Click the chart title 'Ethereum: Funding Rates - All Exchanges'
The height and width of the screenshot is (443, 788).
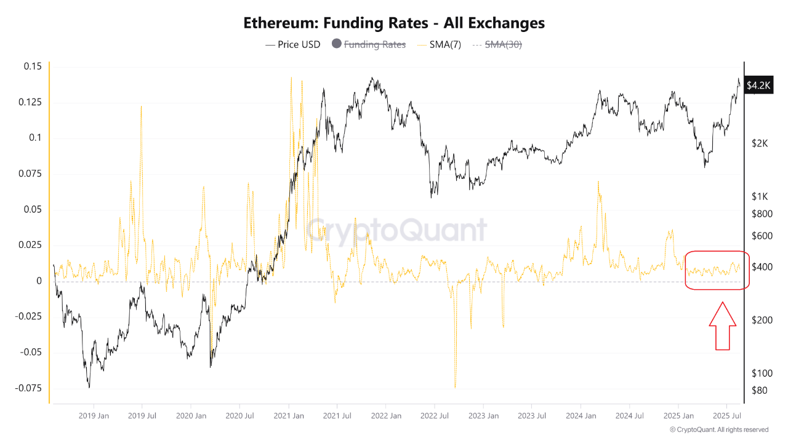click(x=394, y=23)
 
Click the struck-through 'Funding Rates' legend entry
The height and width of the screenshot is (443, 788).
click(x=374, y=44)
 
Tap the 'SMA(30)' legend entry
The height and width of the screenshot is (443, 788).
click(x=503, y=44)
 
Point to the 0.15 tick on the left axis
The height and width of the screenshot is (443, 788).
click(x=32, y=66)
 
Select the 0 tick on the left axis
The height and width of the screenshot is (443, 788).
click(x=39, y=281)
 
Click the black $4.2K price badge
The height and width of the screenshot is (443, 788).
click(x=758, y=86)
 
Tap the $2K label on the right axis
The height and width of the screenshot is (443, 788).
click(x=760, y=143)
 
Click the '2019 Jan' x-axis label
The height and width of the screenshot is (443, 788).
click(x=94, y=416)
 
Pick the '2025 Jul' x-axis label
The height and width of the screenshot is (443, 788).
click(x=726, y=416)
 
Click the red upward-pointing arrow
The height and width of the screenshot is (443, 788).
click(x=722, y=326)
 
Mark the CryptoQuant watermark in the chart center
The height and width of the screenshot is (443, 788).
click(x=396, y=231)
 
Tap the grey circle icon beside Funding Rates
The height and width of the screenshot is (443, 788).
click(x=336, y=44)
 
